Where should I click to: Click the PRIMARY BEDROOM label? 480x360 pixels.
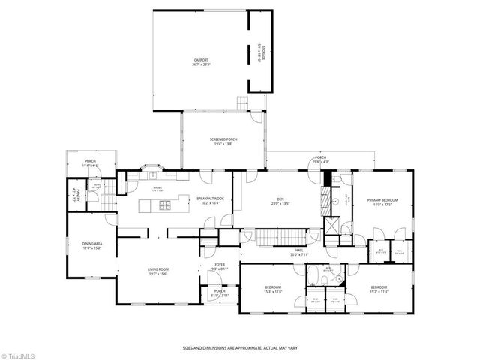pos(382,201)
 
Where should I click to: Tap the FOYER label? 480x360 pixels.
pos(220,265)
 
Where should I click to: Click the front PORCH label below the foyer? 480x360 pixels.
pos(220,292)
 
